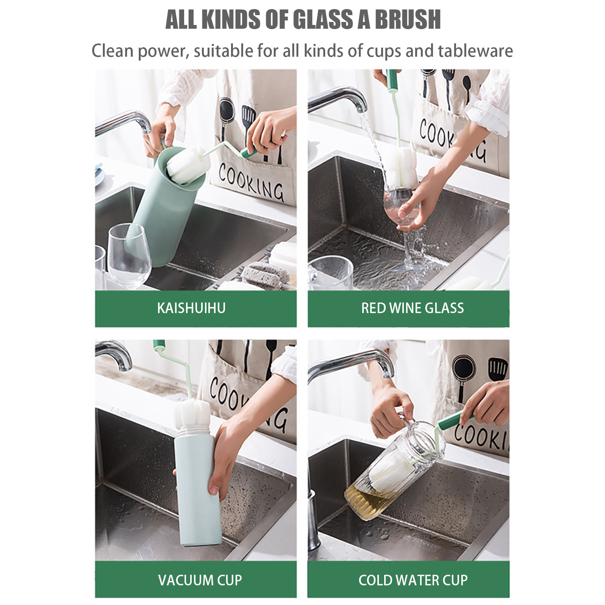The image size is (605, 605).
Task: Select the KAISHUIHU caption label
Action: tap(191, 308)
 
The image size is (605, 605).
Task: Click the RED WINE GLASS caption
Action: tap(412, 308)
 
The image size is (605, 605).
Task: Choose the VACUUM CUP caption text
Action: tap(200, 580)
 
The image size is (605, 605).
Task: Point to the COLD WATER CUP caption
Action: tap(413, 580)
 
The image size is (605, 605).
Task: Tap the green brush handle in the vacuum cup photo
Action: tap(159, 344)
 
